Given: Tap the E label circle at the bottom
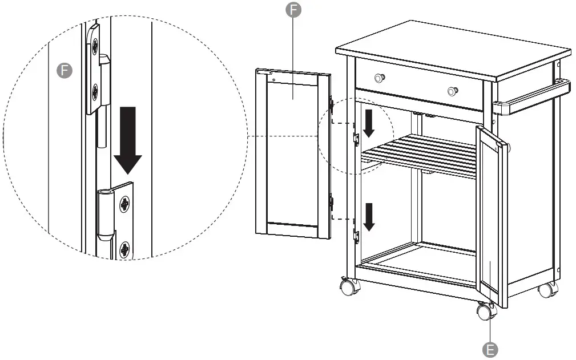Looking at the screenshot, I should [489, 349].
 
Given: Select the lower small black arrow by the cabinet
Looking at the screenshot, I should [369, 217].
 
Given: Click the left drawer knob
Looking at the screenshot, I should [379, 78].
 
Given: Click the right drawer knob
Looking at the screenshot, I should [453, 91].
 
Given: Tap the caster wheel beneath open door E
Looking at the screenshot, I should [485, 312].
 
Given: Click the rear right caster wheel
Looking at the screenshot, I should [546, 289].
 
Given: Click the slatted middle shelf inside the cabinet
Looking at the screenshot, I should [422, 154].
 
